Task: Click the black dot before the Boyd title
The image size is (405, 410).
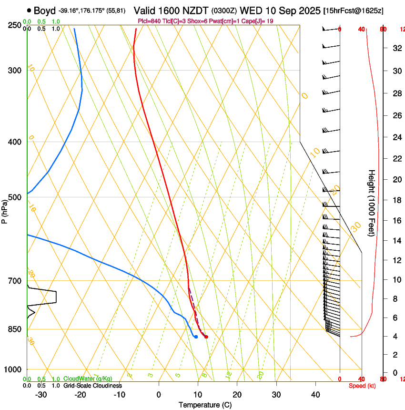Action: click(30, 10)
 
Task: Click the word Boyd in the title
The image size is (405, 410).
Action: click(45, 10)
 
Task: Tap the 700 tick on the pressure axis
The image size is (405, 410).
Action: click(15, 281)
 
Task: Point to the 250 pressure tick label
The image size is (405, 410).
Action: click(15, 25)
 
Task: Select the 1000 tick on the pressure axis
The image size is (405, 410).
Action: click(13, 369)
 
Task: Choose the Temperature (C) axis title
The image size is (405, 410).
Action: click(205, 405)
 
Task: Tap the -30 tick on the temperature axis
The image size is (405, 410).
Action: click(41, 395)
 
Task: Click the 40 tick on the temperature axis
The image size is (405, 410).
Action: click(315, 395)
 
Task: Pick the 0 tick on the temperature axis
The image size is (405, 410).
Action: click(159, 395)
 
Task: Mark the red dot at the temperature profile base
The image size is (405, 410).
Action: click(206, 337)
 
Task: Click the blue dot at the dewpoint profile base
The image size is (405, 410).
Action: click(196, 337)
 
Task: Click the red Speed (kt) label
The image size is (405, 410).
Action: click(361, 386)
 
